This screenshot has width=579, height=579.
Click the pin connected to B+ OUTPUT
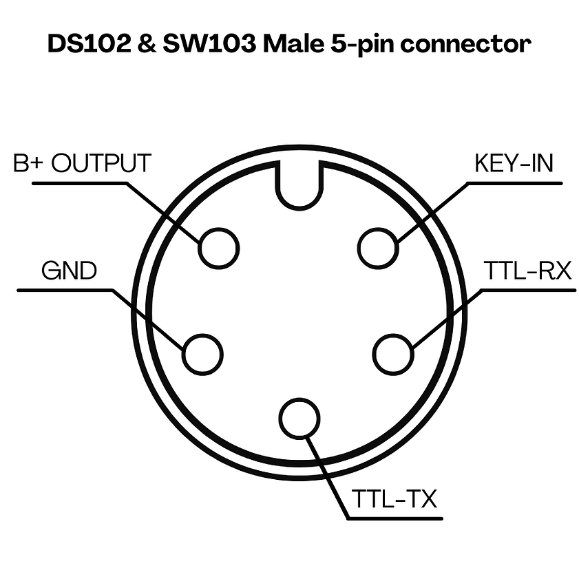(x=219, y=247)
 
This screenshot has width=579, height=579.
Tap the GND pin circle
(x=203, y=354)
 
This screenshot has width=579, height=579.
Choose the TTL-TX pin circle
(x=299, y=419)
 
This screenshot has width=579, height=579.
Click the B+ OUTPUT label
(x=82, y=164)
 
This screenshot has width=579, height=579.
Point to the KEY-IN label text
(x=514, y=164)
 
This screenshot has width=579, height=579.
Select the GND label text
(x=69, y=271)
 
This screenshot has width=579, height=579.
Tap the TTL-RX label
(x=527, y=271)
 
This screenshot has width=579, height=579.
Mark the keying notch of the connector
(x=299, y=184)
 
